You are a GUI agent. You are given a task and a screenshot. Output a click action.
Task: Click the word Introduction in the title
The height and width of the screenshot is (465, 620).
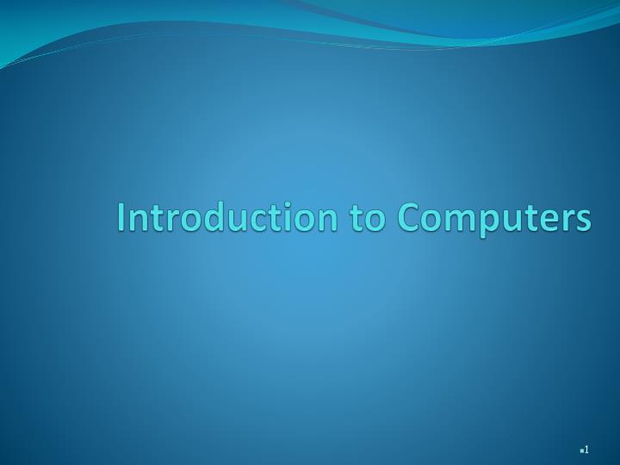228,217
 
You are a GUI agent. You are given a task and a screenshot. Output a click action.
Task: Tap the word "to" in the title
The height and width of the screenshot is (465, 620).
367,217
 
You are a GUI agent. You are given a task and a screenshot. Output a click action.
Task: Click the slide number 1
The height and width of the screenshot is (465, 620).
586,449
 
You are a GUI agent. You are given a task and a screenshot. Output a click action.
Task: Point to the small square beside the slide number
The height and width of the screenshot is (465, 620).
581,450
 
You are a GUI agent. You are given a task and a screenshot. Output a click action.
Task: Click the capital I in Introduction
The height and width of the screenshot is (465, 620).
121,217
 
